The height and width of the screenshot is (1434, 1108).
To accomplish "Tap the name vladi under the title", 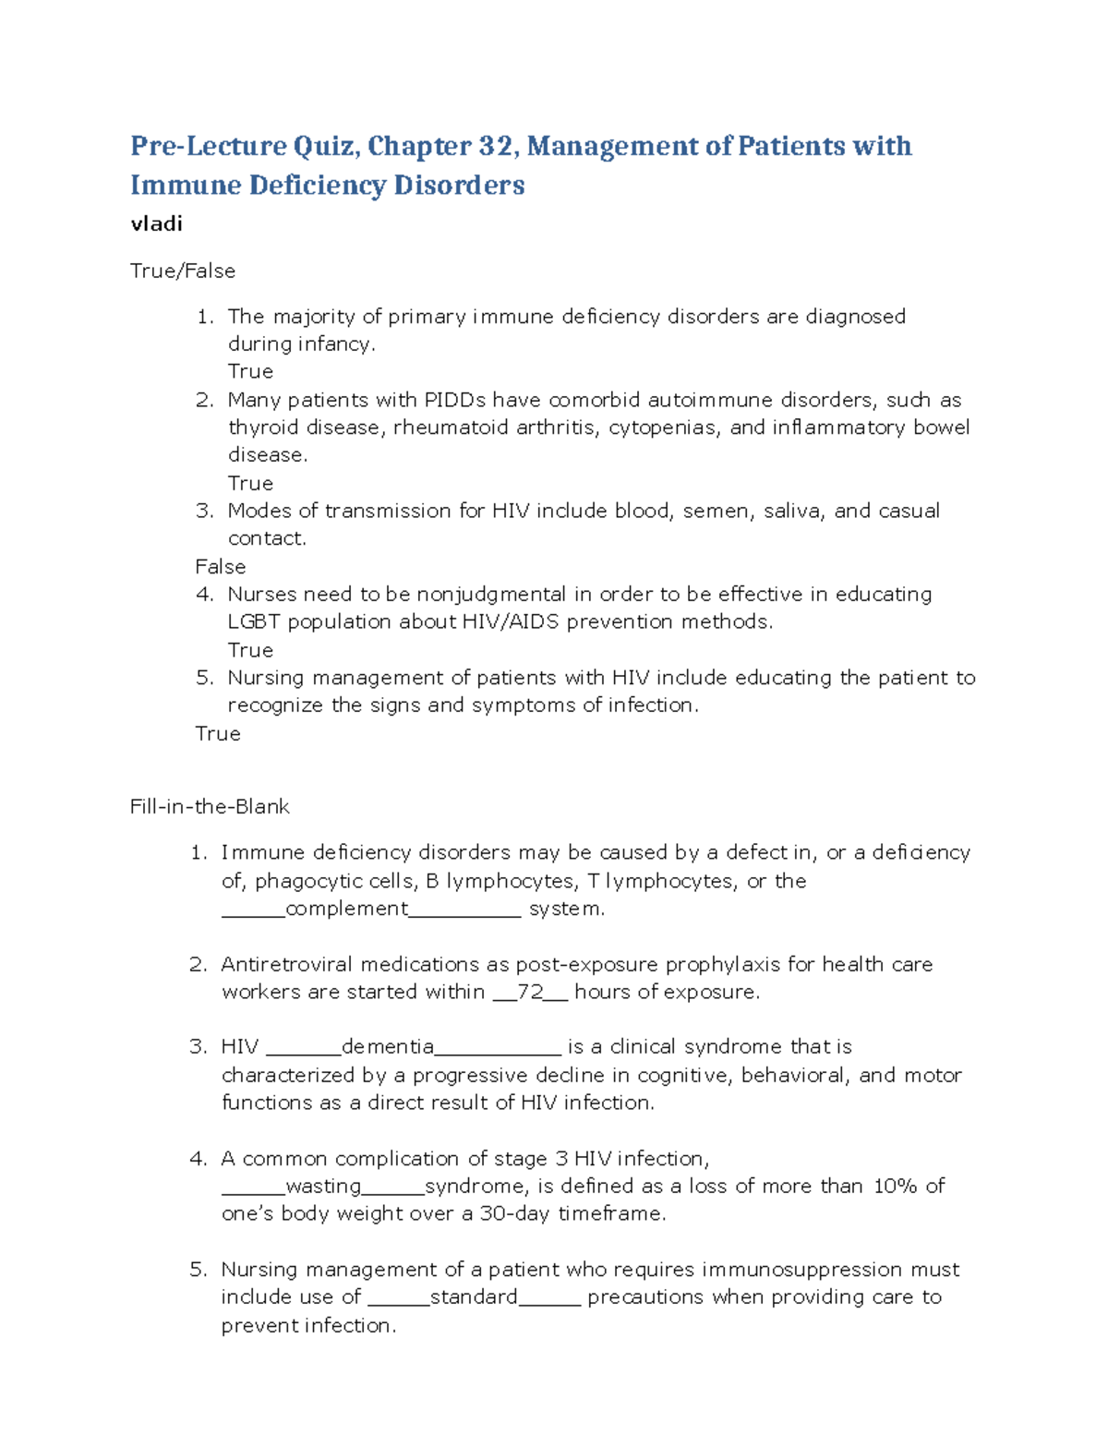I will point(156,223).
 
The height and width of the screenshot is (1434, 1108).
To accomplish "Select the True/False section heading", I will point(183,271).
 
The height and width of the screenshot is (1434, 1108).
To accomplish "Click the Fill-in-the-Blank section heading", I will point(210,806).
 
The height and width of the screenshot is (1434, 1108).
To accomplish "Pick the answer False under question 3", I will point(221,566).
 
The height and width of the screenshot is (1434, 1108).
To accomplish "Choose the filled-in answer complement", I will point(347,909).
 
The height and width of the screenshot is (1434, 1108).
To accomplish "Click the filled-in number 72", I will point(530,992).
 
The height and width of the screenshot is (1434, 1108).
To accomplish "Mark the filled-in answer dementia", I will point(388,1046).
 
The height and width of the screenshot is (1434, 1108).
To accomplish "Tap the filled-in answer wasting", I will point(323,1186).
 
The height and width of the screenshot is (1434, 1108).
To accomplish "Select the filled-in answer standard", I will point(474,1296).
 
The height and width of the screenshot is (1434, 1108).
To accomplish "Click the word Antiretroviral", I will point(287,964).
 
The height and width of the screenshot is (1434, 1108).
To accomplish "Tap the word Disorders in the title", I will point(459,185).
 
